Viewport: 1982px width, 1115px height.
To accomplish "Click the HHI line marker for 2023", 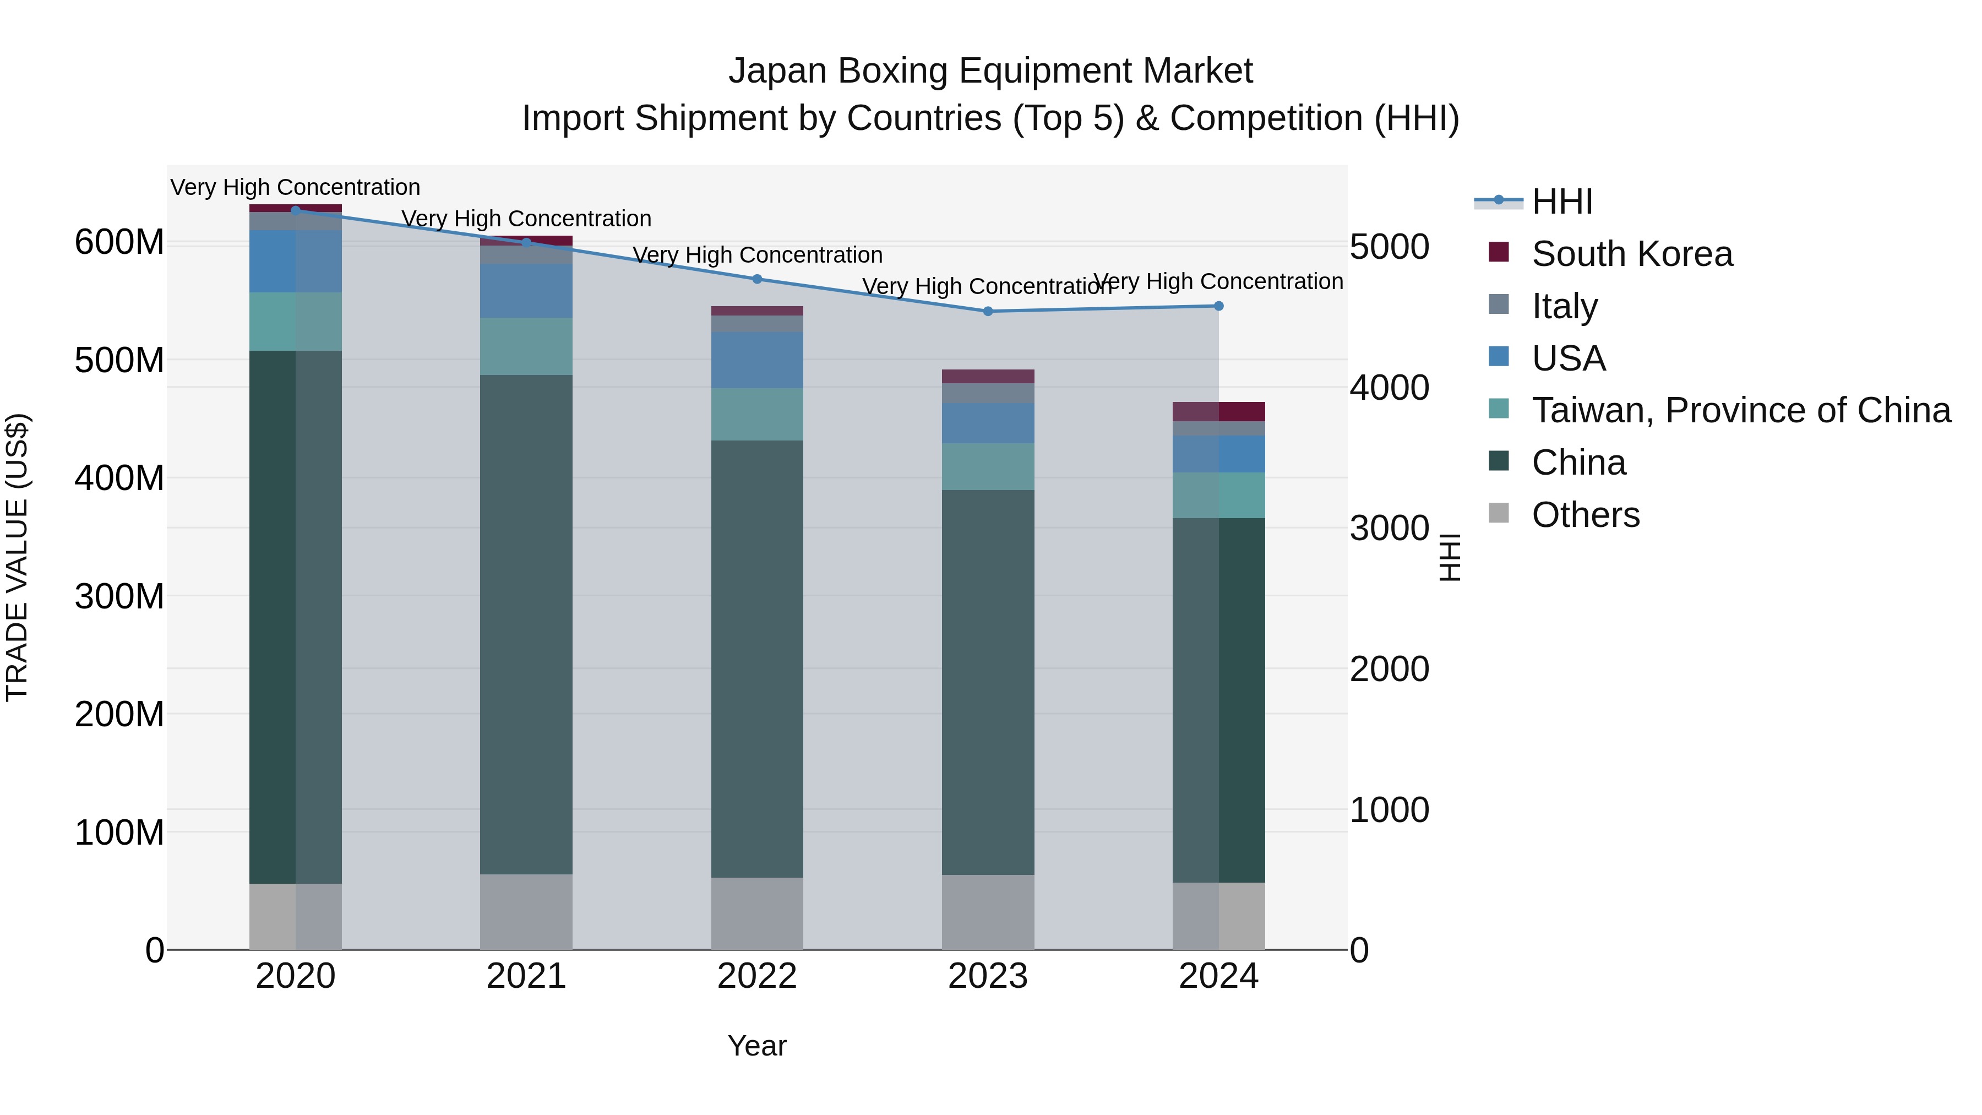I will point(988,312).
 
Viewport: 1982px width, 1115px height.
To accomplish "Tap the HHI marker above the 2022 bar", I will point(757,279).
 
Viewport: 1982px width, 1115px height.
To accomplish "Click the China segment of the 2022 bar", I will point(757,658).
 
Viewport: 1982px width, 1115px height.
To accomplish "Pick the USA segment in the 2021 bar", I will point(526,291).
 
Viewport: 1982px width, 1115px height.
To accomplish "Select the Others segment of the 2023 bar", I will point(988,912).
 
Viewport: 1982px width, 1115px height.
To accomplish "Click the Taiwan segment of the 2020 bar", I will point(296,322).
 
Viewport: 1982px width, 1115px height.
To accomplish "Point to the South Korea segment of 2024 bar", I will point(1219,412).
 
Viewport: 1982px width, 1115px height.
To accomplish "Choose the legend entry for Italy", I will point(1564,306).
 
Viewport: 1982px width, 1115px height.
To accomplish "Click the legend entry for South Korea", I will point(1631,254).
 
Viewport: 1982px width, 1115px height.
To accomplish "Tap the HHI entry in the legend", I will point(1561,202).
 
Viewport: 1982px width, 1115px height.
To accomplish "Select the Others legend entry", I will point(1585,515).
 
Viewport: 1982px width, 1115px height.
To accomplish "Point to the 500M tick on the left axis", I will point(119,360).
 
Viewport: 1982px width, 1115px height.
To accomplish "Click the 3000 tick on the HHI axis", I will point(1390,529).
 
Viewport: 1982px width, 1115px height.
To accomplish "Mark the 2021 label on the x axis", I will point(526,976).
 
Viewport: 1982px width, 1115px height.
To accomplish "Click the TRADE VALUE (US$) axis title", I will point(17,557).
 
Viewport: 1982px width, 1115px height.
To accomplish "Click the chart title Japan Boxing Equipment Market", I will point(990,71).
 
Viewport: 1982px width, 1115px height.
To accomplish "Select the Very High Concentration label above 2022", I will point(757,255).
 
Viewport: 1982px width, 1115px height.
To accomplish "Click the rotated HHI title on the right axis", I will point(1450,557).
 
